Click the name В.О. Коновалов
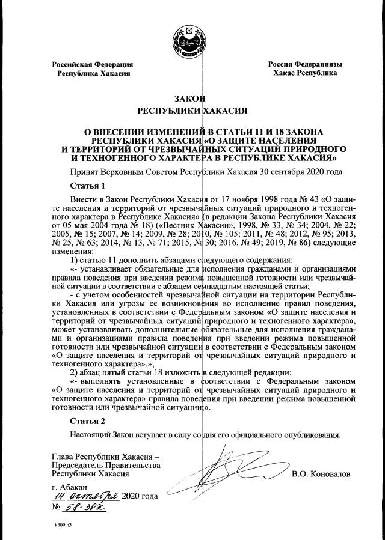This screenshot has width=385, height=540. (x=320, y=475)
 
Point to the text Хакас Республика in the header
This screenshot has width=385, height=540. (x=304, y=73)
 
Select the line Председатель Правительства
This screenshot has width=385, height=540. (x=105, y=466)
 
